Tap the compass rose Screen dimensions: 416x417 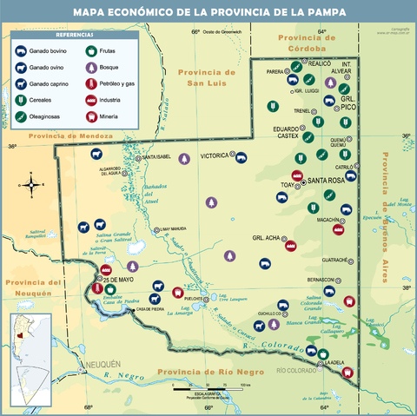click(32, 183)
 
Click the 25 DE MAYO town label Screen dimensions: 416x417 click(118, 279)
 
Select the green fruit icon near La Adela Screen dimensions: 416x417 click(323, 354)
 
